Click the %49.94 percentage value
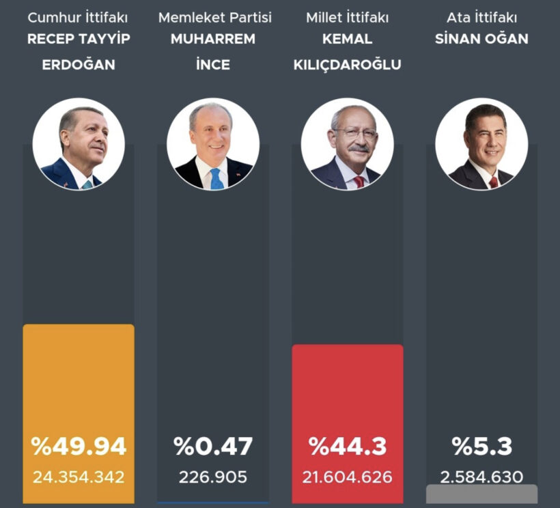point(79,447)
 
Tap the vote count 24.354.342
point(79,477)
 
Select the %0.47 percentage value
point(213,447)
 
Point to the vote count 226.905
point(213,477)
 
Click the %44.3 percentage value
point(347,447)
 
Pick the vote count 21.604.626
point(347,477)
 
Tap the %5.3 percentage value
point(481,447)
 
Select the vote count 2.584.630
point(481,477)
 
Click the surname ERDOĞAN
point(79,65)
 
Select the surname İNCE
point(213,65)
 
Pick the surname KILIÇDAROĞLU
point(347,65)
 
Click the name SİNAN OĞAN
point(481,39)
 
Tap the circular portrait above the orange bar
point(79,144)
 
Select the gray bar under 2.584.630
point(481,494)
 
